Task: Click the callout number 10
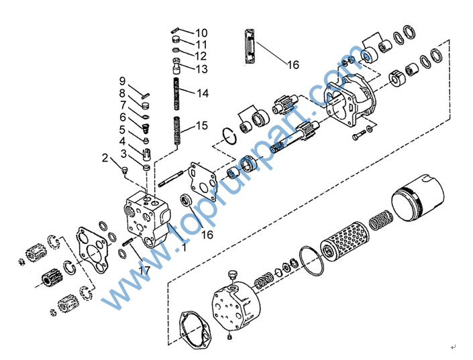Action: click(x=201, y=33)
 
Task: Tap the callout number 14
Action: click(x=203, y=93)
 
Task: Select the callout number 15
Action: click(x=202, y=125)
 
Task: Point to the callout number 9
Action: click(x=122, y=81)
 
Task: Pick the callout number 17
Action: click(x=144, y=270)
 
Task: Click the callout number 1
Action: click(x=183, y=247)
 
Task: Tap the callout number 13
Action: click(x=201, y=69)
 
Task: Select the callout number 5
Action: click(x=122, y=129)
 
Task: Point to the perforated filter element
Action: click(x=345, y=241)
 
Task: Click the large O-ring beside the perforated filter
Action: click(x=312, y=261)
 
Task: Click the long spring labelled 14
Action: click(x=176, y=94)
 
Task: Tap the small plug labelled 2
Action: click(x=124, y=170)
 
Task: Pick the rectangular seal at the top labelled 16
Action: click(x=250, y=46)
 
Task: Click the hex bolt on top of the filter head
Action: click(x=233, y=276)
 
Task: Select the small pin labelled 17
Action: click(x=128, y=241)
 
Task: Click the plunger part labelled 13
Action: click(x=177, y=66)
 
